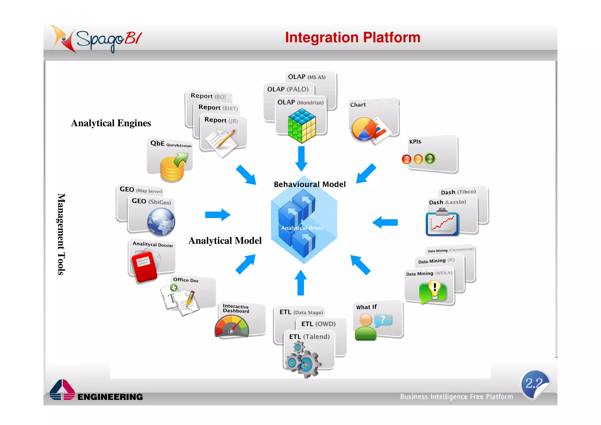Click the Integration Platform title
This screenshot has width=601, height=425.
pos(352,38)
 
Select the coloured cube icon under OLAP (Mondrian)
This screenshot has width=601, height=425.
pos(302,126)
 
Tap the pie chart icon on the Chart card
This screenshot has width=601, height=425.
pos(364,129)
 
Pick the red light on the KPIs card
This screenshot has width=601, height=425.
pos(406,159)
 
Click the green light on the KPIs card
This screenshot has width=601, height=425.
pos(430,159)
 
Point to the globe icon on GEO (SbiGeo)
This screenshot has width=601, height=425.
pos(161,222)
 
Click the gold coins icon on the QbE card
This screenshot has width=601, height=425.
pos(173,169)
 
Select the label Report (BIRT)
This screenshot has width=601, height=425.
pos(218,108)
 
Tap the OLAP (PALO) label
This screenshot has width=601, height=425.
pos(288,89)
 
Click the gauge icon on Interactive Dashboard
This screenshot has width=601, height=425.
pos(232,326)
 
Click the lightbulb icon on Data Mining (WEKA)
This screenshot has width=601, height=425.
pos(434,291)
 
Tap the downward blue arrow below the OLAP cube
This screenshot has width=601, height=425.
pos(301,159)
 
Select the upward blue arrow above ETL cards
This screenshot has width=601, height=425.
pos(300,283)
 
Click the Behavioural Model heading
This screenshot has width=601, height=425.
pos(310,184)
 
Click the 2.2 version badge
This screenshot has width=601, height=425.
pos(535,384)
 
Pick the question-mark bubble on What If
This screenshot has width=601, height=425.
pos(383,320)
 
